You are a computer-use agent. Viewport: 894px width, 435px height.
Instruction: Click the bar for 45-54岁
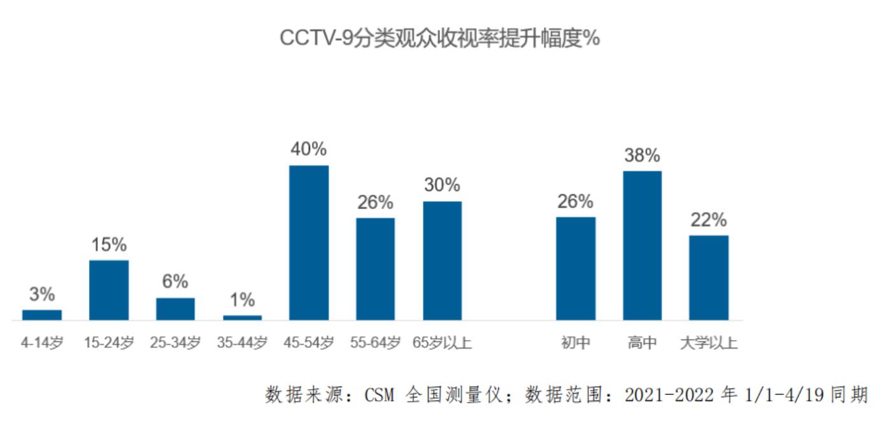309,242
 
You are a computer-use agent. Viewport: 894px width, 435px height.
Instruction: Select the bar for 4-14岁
42,315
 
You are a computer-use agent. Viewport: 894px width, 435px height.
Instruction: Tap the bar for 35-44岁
242,317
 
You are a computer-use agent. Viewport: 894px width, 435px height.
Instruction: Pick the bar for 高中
642,245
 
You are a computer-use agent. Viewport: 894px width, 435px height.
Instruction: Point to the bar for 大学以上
709,278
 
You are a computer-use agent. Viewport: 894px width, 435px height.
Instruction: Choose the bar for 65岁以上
443,260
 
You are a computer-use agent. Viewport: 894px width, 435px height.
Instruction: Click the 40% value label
309,149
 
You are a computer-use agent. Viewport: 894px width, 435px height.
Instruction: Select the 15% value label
109,245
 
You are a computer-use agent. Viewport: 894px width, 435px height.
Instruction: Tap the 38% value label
642,155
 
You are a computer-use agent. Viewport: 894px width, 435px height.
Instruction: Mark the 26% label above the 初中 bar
576,201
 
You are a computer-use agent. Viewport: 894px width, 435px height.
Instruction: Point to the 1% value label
242,299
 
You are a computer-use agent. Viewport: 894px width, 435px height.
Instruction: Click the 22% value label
709,220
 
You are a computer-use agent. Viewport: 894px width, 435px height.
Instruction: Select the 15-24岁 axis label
109,343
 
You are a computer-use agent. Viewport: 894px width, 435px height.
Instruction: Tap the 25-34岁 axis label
175,343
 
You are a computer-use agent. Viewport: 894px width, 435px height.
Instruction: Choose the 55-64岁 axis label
375,343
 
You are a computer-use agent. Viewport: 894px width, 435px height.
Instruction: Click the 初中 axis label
576,343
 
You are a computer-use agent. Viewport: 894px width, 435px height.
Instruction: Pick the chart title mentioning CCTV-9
439,39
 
